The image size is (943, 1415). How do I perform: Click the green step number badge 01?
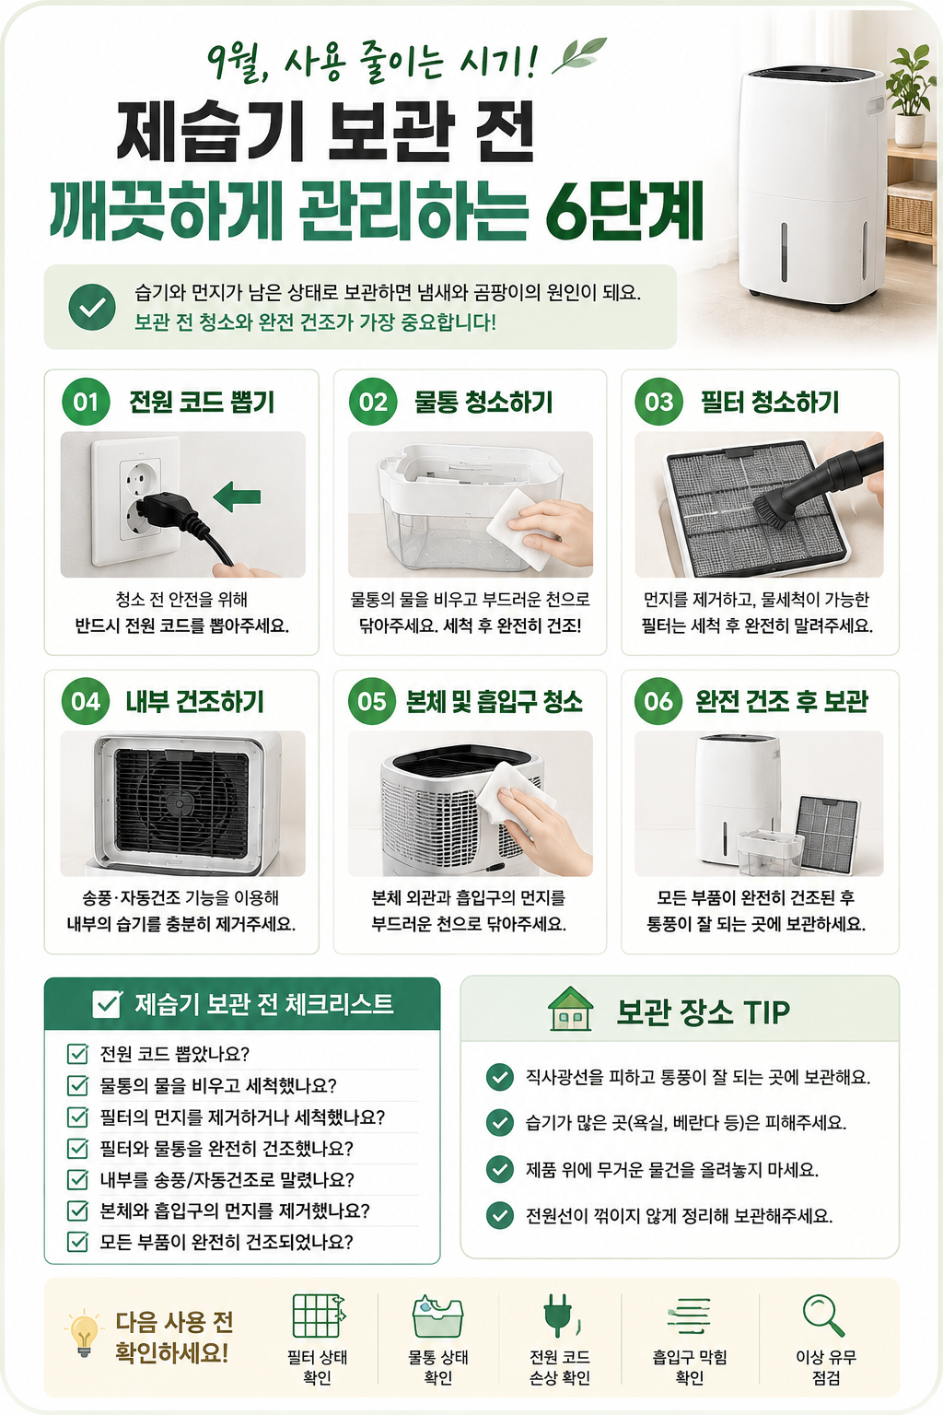(x=86, y=402)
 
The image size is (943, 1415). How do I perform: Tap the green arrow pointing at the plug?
(x=237, y=497)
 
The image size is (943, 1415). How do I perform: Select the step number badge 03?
(x=659, y=402)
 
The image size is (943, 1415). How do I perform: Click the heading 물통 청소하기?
(x=483, y=402)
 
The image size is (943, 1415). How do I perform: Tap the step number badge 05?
(x=372, y=701)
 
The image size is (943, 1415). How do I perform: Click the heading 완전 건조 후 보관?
(x=782, y=701)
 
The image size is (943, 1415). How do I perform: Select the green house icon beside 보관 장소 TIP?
(x=570, y=1010)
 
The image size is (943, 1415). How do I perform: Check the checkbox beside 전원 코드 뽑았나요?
(x=77, y=1054)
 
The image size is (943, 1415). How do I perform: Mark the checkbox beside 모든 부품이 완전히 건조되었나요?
(x=77, y=1242)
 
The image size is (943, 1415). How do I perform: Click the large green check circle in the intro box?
(x=92, y=307)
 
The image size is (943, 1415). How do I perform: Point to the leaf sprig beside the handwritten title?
(x=579, y=55)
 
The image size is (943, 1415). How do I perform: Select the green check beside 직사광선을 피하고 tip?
(x=500, y=1077)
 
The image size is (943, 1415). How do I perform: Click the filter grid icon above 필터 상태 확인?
(x=319, y=1316)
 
